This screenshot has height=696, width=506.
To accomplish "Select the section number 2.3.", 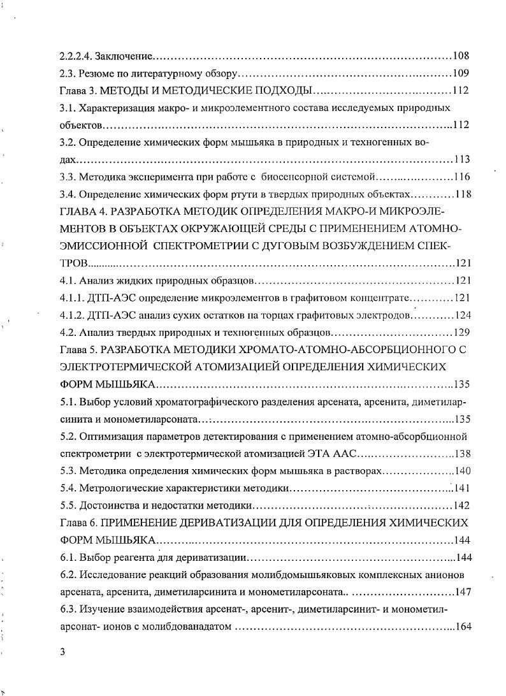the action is click(67, 73).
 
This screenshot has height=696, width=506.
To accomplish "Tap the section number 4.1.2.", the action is click(73, 315).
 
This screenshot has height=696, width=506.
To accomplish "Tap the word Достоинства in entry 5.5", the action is click(108, 505).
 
